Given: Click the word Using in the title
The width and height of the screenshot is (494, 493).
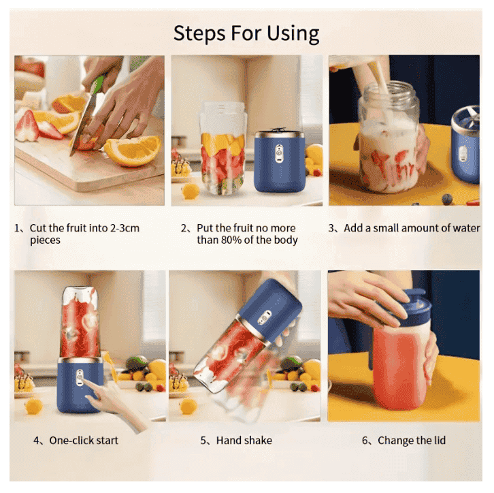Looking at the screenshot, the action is (293, 33).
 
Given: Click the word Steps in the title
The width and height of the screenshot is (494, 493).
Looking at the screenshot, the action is (199, 34).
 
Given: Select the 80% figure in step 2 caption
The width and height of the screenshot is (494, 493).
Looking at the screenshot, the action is (231, 240).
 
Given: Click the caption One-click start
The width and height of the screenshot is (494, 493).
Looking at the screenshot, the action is (84, 440).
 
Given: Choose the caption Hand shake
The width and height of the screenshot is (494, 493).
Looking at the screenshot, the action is (244, 440).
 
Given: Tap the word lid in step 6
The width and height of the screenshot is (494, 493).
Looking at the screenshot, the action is (439, 440).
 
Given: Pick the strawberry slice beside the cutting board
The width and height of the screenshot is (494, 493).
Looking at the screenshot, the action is (28, 125).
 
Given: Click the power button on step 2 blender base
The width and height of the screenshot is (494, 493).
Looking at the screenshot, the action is (279, 154).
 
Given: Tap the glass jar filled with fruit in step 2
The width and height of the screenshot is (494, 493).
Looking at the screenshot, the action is (223, 148).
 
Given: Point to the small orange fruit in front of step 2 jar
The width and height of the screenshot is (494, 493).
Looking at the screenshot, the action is (191, 191).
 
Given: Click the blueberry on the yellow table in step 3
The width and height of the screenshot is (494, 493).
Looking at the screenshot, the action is (447, 200).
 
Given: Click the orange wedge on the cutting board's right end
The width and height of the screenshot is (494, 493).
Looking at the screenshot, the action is (133, 150).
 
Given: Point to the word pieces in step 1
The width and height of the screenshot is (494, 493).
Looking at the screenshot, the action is (45, 240).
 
